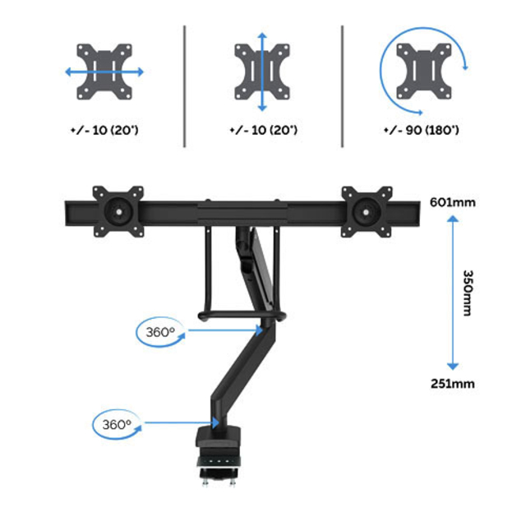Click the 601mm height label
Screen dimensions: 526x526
click(453, 202)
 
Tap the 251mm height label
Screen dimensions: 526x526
click(453, 384)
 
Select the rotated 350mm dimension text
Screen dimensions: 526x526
click(468, 293)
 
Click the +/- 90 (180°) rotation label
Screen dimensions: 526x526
click(422, 130)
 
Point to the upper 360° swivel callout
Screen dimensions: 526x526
click(160, 332)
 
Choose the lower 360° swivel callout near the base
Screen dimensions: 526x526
click(117, 424)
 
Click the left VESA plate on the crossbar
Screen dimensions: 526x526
click(118, 212)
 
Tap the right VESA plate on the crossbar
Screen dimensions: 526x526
click(367, 212)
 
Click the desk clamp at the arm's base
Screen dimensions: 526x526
click(219, 454)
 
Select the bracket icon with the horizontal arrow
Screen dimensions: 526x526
click(104, 72)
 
